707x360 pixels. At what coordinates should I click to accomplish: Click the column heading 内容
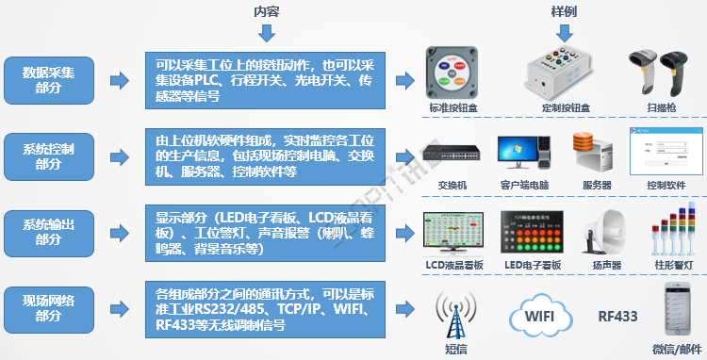[x=267, y=11]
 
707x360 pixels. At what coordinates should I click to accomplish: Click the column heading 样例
[x=564, y=11]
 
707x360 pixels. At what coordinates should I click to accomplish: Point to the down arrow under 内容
[x=267, y=34]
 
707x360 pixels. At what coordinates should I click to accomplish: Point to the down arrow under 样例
[x=564, y=34]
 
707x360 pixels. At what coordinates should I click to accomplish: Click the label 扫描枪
[x=662, y=109]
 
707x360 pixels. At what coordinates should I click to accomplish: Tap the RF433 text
[x=617, y=315]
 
